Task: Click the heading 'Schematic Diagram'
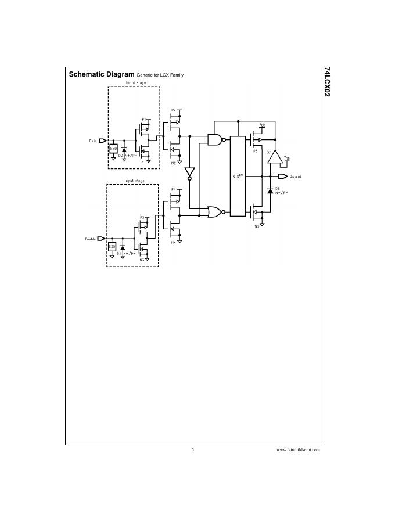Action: (102, 75)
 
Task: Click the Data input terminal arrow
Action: (102, 141)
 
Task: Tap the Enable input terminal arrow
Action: (101, 238)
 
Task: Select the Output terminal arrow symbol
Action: (283, 176)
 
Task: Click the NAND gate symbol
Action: (215, 139)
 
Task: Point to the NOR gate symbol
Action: (215, 212)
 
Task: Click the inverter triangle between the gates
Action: (189, 172)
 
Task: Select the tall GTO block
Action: (238, 176)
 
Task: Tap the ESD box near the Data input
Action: (114, 149)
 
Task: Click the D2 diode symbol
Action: (124, 150)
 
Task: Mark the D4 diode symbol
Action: (123, 248)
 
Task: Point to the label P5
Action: (255, 150)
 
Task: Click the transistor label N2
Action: (173, 163)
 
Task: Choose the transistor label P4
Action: (173, 189)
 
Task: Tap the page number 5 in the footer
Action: (192, 449)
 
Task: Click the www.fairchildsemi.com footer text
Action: (298, 449)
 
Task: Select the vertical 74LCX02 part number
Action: (328, 85)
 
